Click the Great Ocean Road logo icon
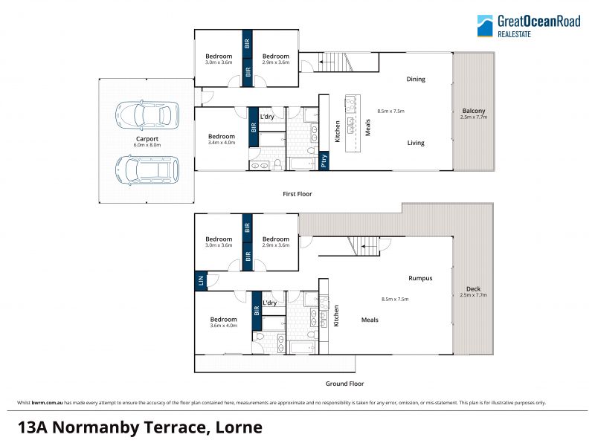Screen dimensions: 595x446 point(485,26)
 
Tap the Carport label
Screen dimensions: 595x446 point(147,139)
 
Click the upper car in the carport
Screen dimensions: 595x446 point(147,114)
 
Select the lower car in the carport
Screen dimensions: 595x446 point(147,170)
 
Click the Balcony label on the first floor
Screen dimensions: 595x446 point(474,111)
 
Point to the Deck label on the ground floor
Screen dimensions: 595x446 point(473,288)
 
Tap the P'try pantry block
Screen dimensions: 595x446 point(324,161)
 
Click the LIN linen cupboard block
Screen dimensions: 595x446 point(201,281)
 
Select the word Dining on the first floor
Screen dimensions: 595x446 point(416,79)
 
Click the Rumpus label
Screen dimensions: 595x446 point(420,278)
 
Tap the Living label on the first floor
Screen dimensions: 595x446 point(416,143)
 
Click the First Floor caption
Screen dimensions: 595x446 point(297,194)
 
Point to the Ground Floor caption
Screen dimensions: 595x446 point(344,384)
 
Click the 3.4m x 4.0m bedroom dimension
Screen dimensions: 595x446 point(222,143)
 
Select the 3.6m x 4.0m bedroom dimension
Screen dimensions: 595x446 point(224,326)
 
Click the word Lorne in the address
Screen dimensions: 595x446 point(239,427)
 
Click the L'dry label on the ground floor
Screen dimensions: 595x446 point(269,303)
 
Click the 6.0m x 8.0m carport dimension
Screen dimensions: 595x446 point(147,145)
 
